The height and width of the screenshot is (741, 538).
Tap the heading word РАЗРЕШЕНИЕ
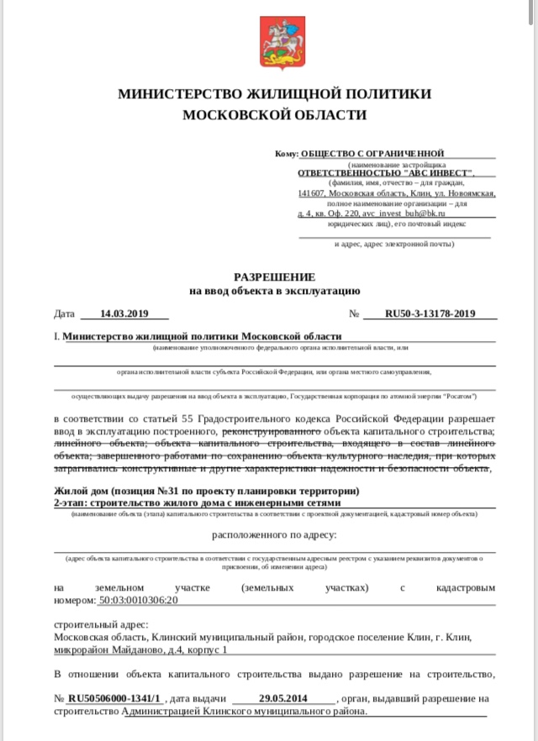pos(274,276)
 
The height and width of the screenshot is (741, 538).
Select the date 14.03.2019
pos(124,314)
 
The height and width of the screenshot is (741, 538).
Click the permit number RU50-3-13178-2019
pos(430,314)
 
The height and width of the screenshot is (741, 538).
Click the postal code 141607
pos(312,193)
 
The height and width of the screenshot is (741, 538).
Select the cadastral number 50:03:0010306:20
pos(139,601)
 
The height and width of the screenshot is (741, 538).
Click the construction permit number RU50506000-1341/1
pos(114,698)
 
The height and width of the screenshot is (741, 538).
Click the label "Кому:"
pos(286,154)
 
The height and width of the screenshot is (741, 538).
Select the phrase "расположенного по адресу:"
pos(274,534)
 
